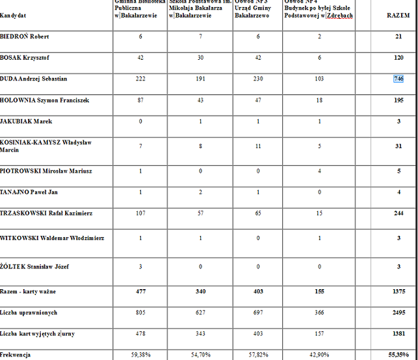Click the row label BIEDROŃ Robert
coord(25,36)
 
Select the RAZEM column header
coord(398,15)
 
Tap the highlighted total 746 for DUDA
coord(398,79)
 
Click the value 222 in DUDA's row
coord(140,79)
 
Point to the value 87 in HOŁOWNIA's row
coord(140,100)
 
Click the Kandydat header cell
coord(14,15)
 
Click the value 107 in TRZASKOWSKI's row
coord(140,213)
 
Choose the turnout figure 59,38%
coord(140,355)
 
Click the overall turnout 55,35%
coord(398,355)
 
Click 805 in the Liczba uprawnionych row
coord(140,313)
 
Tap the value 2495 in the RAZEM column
coord(398,313)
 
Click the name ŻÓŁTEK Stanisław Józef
coord(34,266)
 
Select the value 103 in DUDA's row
coord(319,79)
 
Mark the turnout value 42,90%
coord(319,355)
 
